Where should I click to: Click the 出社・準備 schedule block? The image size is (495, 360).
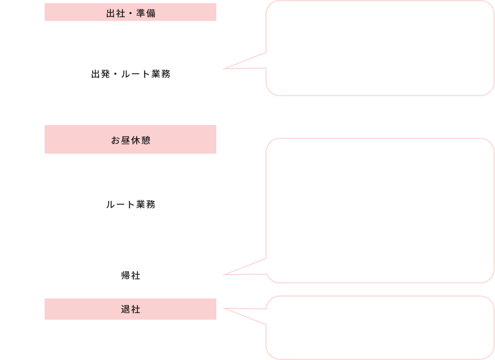pyautogui.click(x=130, y=13)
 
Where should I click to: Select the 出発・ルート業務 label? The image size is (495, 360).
pyautogui.click(x=130, y=74)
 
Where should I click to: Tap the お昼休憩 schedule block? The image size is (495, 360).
pyautogui.click(x=130, y=140)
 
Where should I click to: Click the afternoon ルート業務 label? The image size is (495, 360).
pyautogui.click(x=130, y=204)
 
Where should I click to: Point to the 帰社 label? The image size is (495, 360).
pyautogui.click(x=130, y=275)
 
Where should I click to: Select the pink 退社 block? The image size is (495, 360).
pyautogui.click(x=130, y=310)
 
